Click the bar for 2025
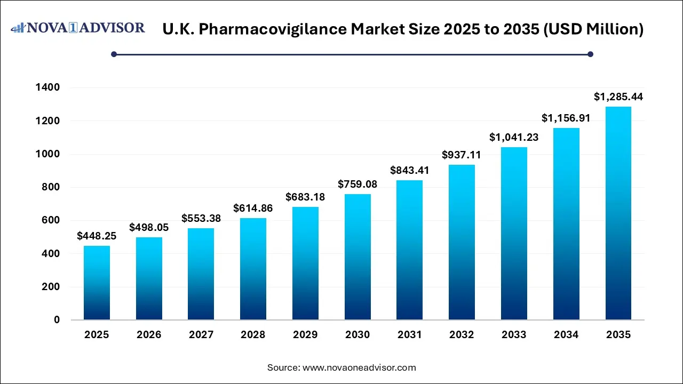97,283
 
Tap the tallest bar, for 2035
618,213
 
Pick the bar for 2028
253,269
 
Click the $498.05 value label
149,228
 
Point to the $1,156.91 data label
566,118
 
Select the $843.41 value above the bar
410,171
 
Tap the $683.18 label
305,197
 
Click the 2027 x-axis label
201,335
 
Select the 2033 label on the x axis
514,335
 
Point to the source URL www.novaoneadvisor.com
359,367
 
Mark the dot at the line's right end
590,54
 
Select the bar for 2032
462,243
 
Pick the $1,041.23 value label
514,138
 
